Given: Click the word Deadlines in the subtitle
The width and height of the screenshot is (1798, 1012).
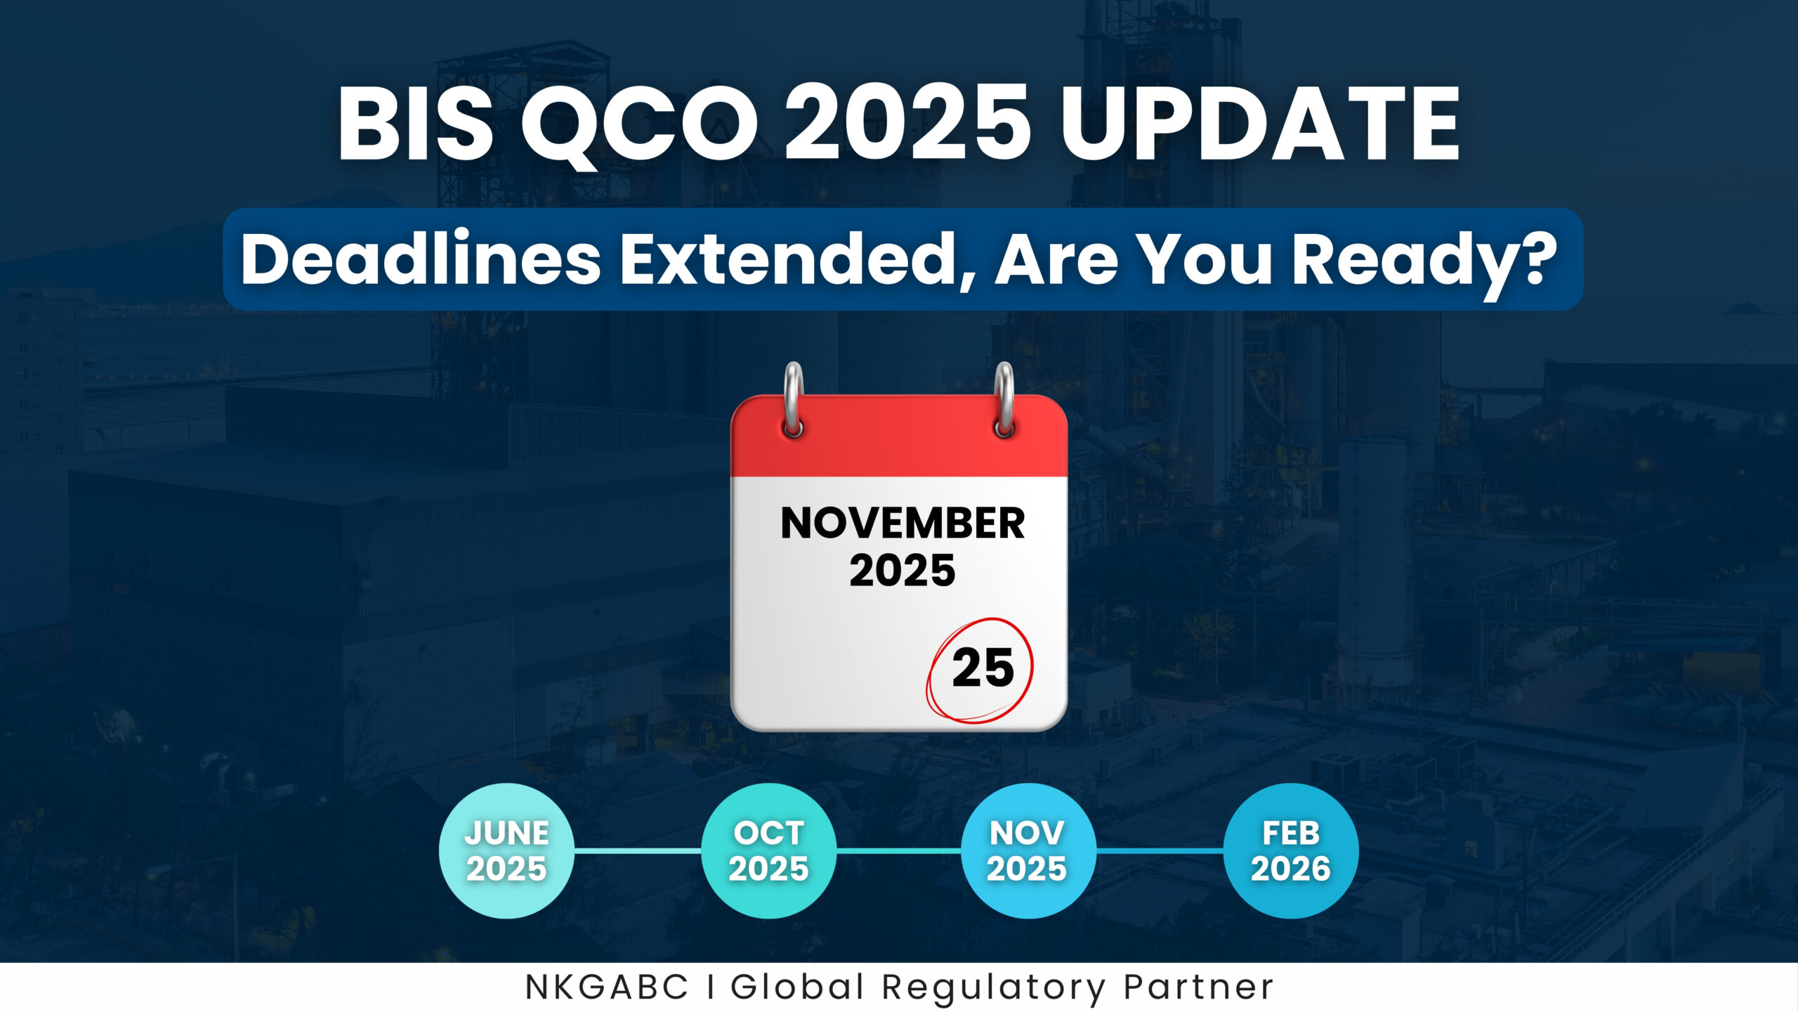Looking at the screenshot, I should pyautogui.click(x=420, y=259).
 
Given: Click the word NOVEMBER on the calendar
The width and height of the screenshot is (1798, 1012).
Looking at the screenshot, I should pyautogui.click(x=903, y=524).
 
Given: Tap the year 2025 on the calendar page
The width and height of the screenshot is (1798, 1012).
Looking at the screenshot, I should pyautogui.click(x=903, y=571).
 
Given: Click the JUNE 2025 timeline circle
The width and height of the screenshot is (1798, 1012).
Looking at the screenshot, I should pyautogui.click(x=506, y=850).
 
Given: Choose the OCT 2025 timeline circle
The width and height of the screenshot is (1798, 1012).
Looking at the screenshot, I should pyautogui.click(x=768, y=850).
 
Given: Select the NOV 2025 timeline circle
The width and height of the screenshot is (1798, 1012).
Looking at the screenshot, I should pyautogui.click(x=1027, y=850).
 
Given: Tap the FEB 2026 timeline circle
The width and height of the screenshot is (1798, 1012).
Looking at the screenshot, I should pyautogui.click(x=1290, y=850).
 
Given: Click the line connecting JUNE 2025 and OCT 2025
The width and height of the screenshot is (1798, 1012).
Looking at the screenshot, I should pyautogui.click(x=638, y=850).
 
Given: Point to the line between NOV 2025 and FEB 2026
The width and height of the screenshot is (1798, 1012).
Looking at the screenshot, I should pyautogui.click(x=1159, y=850).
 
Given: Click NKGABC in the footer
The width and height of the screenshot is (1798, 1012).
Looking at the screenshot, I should pyautogui.click(x=607, y=987).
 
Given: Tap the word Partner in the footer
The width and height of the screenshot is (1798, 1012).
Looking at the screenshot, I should pyautogui.click(x=1198, y=987).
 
